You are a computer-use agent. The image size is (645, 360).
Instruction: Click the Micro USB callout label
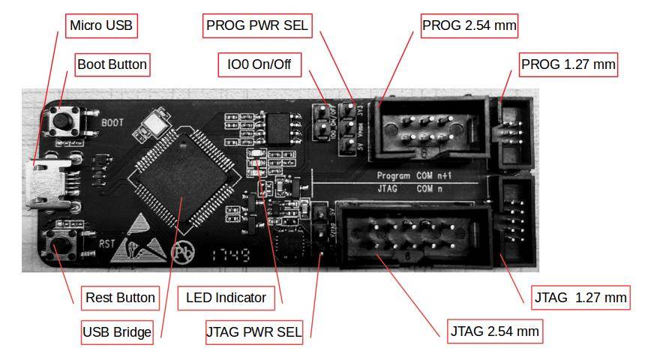click(x=101, y=25)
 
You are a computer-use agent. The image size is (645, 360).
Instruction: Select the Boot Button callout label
click(x=112, y=64)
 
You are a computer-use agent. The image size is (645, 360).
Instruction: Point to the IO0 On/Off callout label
click(x=259, y=65)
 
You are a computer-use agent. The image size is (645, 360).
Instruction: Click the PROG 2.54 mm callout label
click(x=469, y=25)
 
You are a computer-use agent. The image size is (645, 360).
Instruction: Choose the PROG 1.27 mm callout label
click(x=568, y=64)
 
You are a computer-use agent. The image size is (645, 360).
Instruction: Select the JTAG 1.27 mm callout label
click(x=580, y=298)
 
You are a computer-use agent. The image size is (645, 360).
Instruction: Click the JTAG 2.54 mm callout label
click(x=494, y=331)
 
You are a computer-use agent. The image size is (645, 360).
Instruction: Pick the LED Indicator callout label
click(x=226, y=298)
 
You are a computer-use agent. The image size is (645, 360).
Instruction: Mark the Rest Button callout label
click(x=120, y=298)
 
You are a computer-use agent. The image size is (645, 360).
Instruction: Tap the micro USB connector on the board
click(x=46, y=184)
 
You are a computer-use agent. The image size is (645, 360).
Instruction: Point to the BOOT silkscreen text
click(x=112, y=121)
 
